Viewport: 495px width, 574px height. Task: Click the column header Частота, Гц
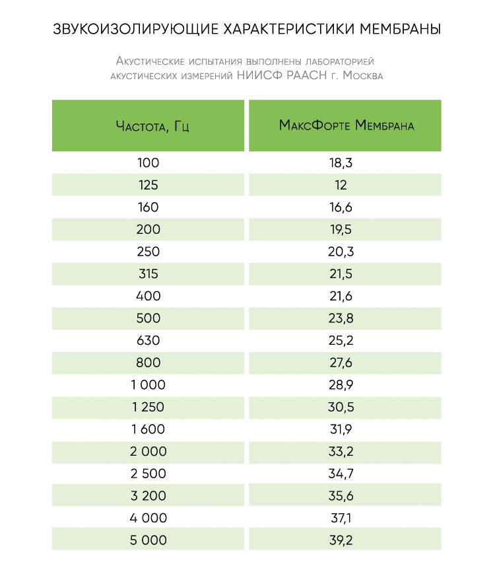tap(148, 126)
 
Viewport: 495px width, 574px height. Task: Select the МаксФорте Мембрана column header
tap(346, 126)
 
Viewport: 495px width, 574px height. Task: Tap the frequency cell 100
tap(148, 162)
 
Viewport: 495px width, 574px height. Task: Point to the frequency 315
tap(148, 273)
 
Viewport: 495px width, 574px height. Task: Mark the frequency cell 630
tap(148, 340)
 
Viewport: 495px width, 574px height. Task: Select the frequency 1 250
tap(148, 407)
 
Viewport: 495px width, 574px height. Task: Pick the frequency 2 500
tap(148, 474)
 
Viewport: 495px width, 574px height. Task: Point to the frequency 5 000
tap(148, 540)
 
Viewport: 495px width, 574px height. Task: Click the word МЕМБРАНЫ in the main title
tap(398, 30)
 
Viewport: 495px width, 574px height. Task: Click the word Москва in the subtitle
tap(360, 76)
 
